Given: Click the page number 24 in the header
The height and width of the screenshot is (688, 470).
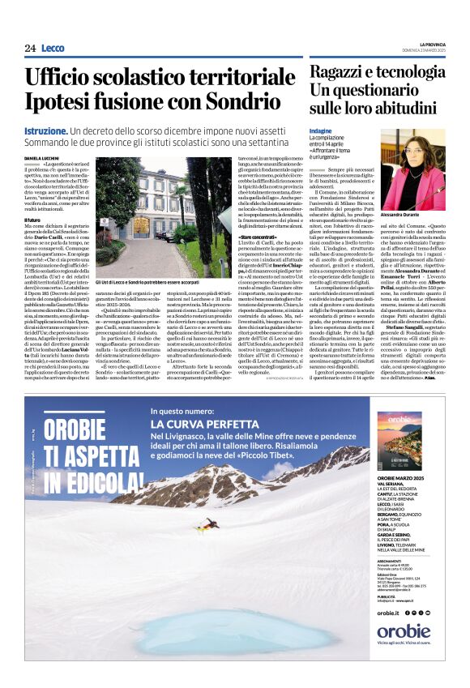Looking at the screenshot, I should [30, 48].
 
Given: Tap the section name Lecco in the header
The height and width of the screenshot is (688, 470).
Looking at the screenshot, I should [53, 48].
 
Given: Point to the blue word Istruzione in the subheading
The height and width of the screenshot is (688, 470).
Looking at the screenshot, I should [45, 130].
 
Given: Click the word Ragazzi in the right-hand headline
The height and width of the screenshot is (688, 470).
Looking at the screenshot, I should [338, 72].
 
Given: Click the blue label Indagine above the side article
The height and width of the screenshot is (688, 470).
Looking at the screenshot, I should [321, 130].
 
